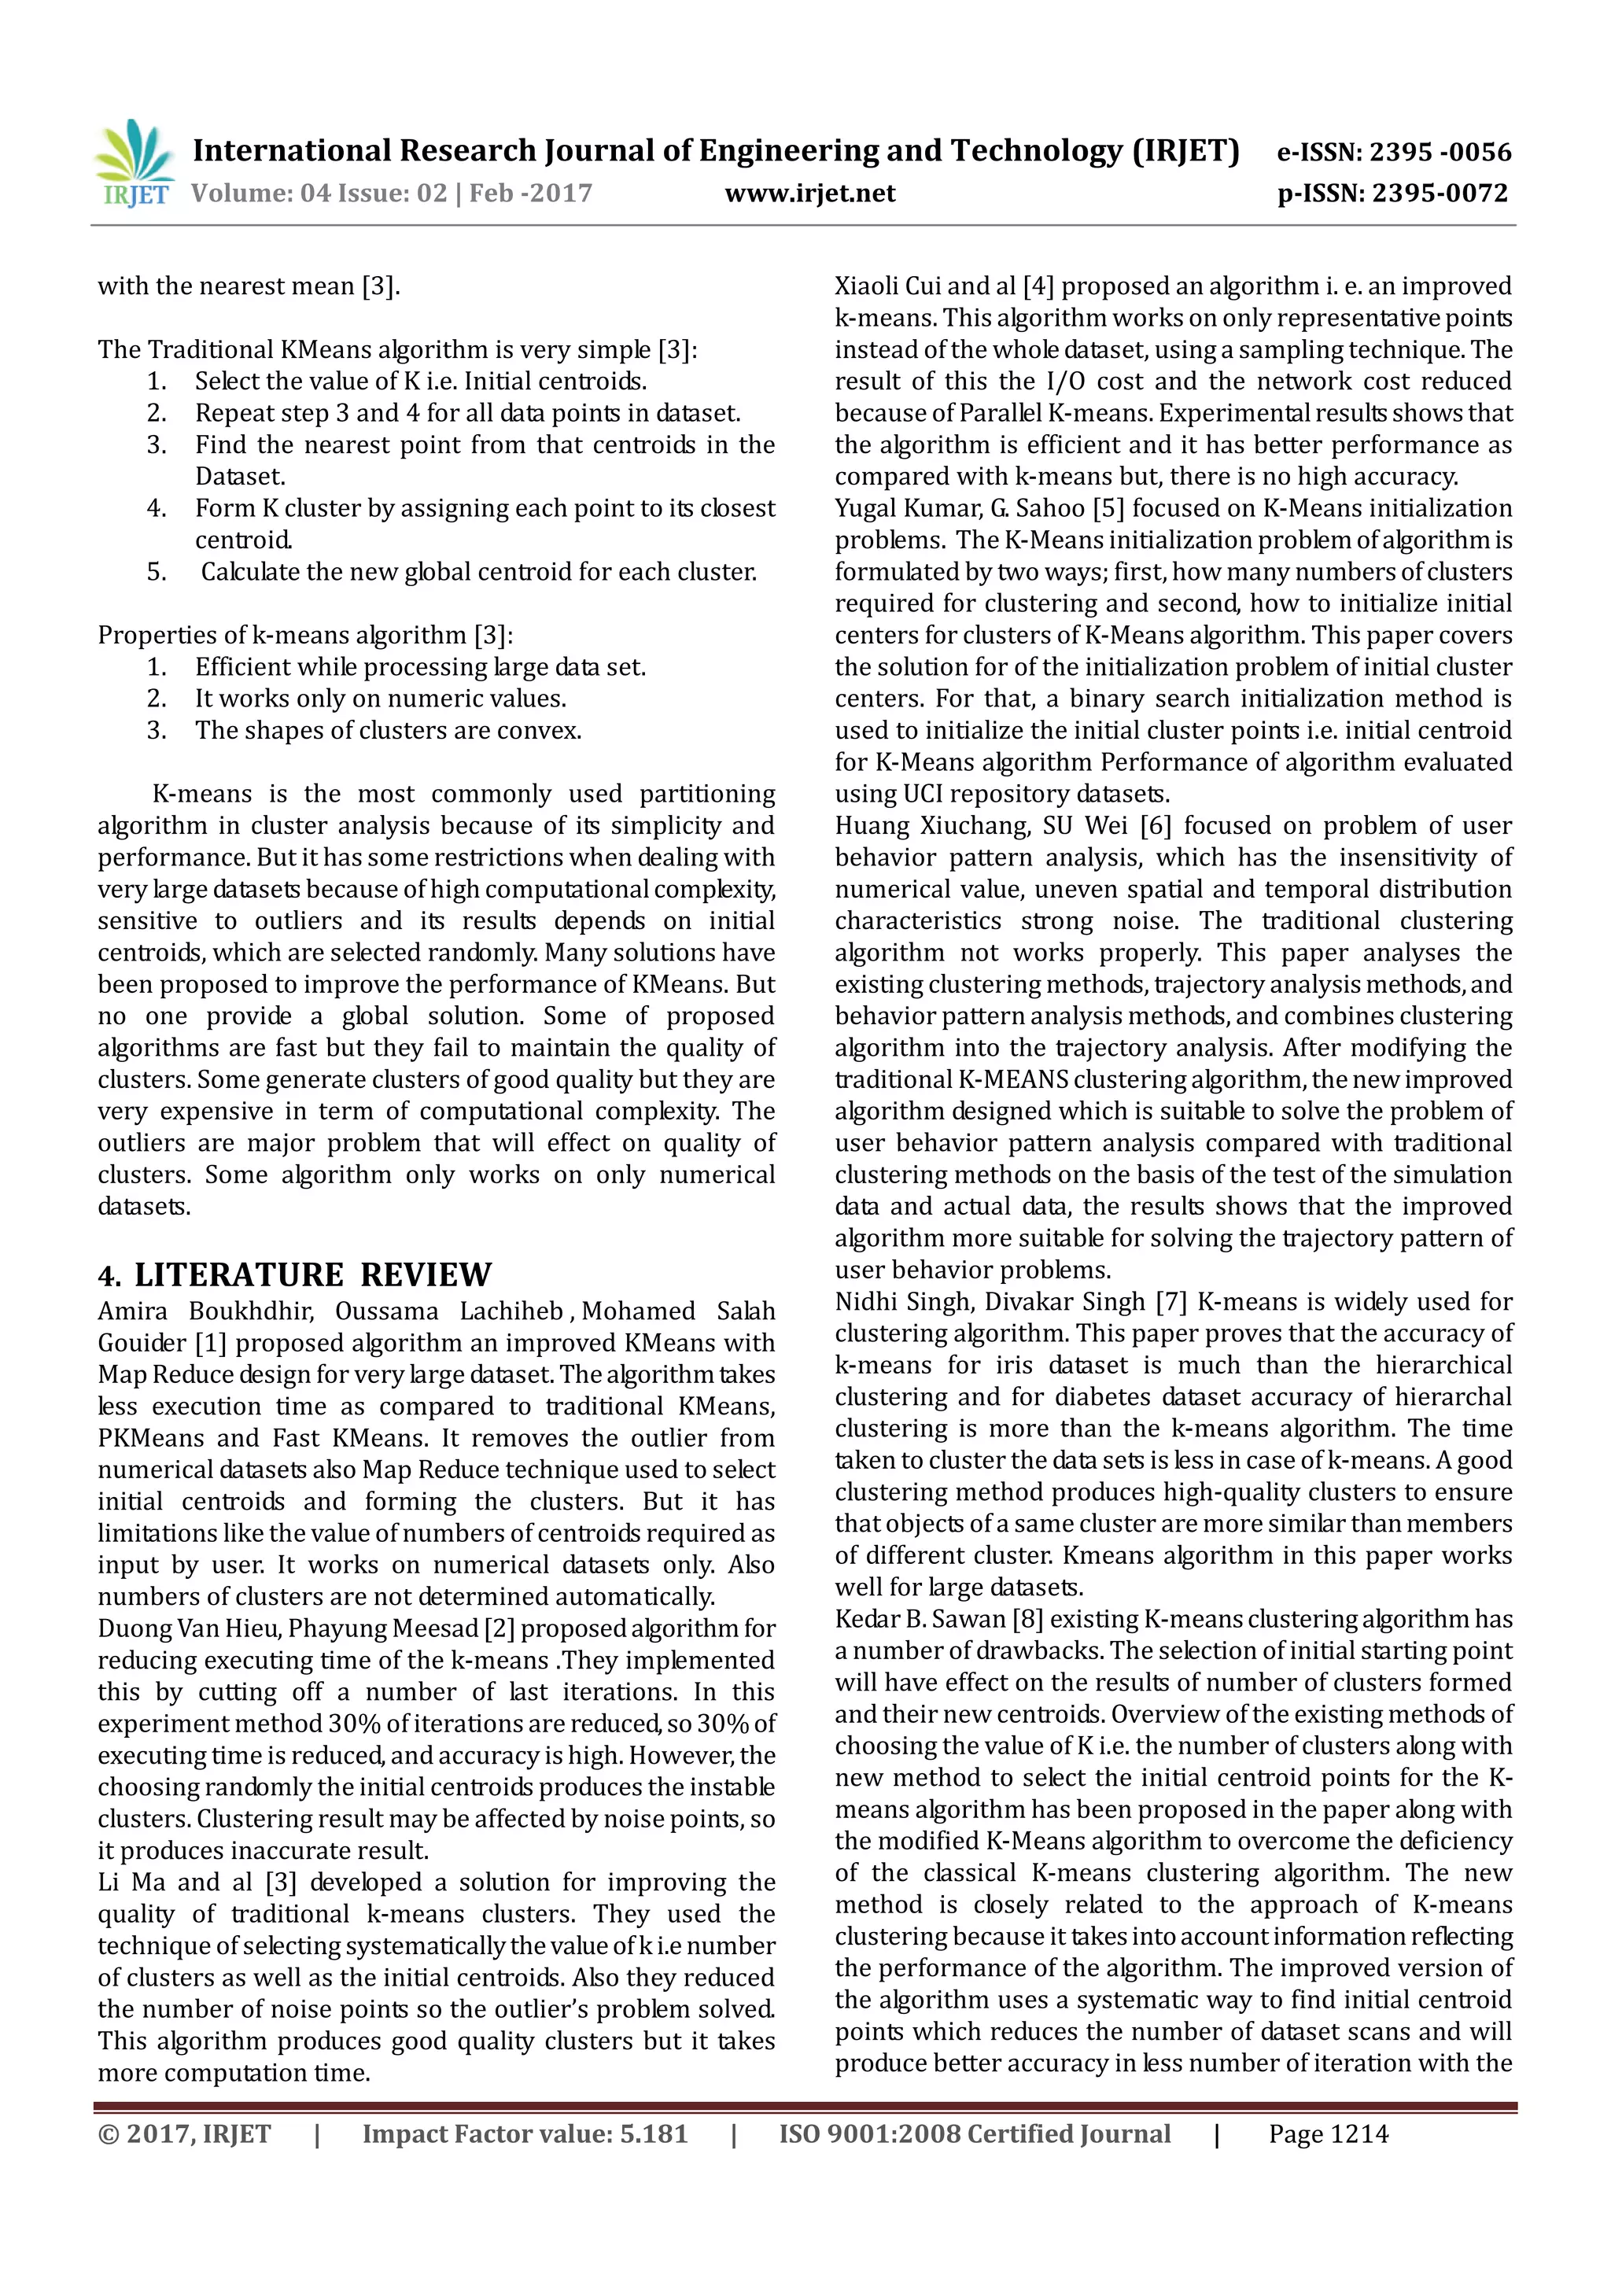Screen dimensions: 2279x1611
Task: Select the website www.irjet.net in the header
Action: pos(810,194)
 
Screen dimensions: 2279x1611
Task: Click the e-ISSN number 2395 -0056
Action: pos(1440,152)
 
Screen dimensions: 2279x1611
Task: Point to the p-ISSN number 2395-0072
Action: pos(1440,194)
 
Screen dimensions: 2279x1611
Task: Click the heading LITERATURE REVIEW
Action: pos(312,1274)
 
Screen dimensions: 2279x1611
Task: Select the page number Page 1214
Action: pos(1328,2134)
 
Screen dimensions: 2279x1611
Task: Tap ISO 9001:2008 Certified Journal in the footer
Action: pos(975,2134)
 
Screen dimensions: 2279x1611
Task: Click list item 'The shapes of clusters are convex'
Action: pos(388,731)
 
